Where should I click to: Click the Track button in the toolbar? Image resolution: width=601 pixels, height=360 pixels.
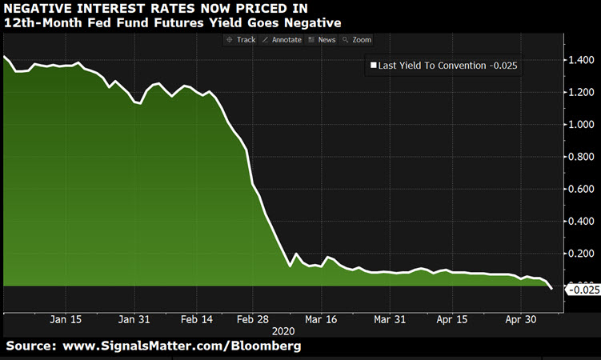(x=241, y=39)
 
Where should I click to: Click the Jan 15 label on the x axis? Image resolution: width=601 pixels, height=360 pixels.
(x=66, y=318)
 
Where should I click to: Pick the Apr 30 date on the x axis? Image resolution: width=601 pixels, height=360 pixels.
(x=521, y=318)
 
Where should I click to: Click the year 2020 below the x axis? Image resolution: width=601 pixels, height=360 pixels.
(x=284, y=330)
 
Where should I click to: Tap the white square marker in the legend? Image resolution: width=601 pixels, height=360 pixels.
(x=372, y=67)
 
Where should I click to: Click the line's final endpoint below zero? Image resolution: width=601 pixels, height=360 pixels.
(x=551, y=289)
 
